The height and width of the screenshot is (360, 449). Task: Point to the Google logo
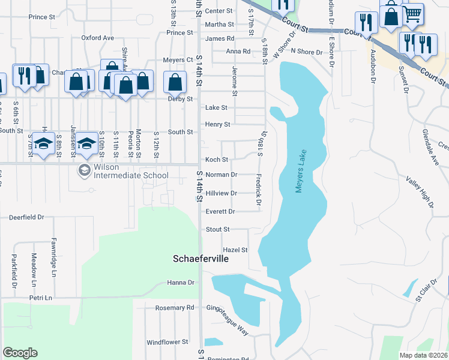pyautogui.click(x=20, y=353)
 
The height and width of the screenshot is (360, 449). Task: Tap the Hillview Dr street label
pyautogui.click(x=221, y=193)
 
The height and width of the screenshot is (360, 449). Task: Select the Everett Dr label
pyautogui.click(x=220, y=211)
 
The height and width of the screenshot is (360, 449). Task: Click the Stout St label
pyautogui.click(x=217, y=229)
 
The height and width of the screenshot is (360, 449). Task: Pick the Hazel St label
pyautogui.click(x=235, y=250)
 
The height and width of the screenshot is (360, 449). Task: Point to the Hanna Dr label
pyautogui.click(x=181, y=283)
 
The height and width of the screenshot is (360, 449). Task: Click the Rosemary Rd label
pyautogui.click(x=175, y=308)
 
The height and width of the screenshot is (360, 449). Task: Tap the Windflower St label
pyautogui.click(x=167, y=343)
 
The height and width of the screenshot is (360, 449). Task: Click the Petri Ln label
pyautogui.click(x=41, y=297)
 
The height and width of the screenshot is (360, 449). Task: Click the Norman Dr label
pyautogui.click(x=221, y=175)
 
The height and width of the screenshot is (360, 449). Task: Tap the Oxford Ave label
pyautogui.click(x=97, y=37)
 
